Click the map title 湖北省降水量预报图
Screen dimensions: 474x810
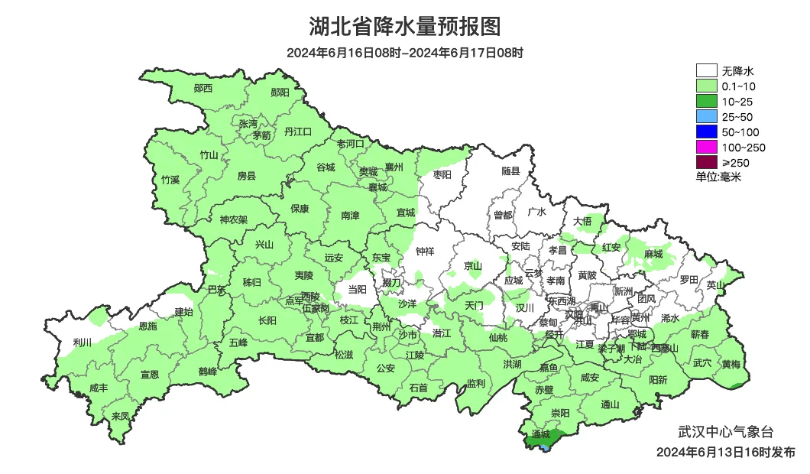click(405, 27)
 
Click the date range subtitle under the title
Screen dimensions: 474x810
click(405, 53)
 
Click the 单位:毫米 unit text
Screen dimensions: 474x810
click(719, 177)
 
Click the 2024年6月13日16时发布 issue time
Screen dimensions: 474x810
click(725, 452)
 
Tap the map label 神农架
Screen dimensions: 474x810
click(234, 219)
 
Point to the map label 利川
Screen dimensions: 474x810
click(81, 342)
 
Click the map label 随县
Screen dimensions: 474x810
click(510, 172)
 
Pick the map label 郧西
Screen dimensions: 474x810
click(203, 88)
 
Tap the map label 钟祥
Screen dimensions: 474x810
click(425, 251)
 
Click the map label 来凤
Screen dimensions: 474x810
click(120, 416)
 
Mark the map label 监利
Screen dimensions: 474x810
click(475, 383)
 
